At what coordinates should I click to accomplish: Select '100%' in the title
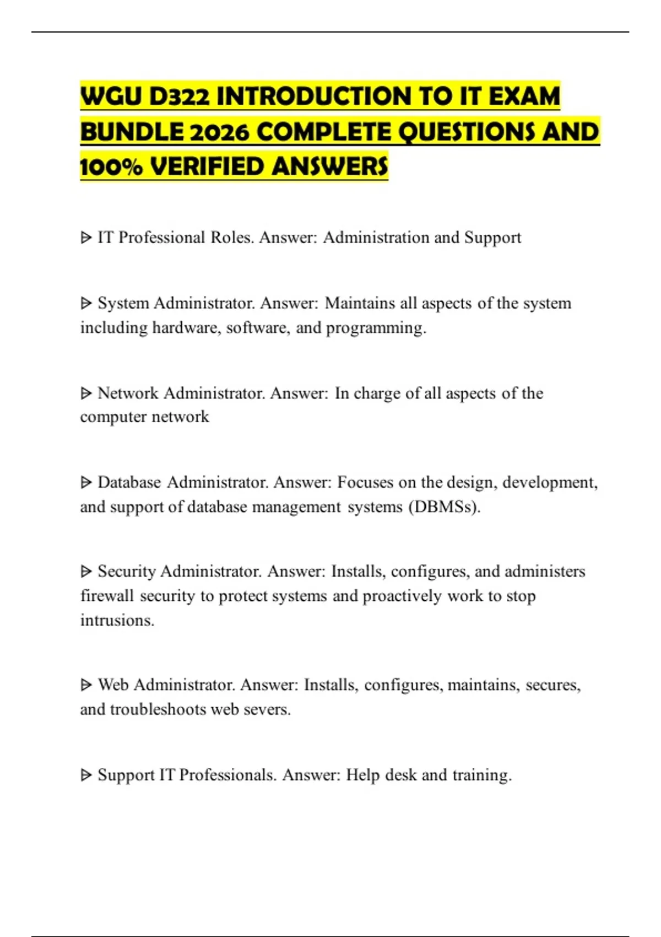(x=111, y=167)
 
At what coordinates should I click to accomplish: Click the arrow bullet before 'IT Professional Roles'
(x=86, y=238)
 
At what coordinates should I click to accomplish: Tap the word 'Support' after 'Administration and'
(x=492, y=238)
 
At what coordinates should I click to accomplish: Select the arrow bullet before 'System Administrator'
(x=86, y=303)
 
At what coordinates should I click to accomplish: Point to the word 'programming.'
(x=376, y=328)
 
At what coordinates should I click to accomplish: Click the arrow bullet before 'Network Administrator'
(x=86, y=393)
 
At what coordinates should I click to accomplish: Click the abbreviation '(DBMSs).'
(x=445, y=507)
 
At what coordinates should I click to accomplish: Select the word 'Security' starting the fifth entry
(x=127, y=572)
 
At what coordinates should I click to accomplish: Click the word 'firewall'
(x=107, y=596)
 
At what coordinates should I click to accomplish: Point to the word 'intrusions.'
(x=117, y=620)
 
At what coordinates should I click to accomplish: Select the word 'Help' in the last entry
(x=362, y=775)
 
